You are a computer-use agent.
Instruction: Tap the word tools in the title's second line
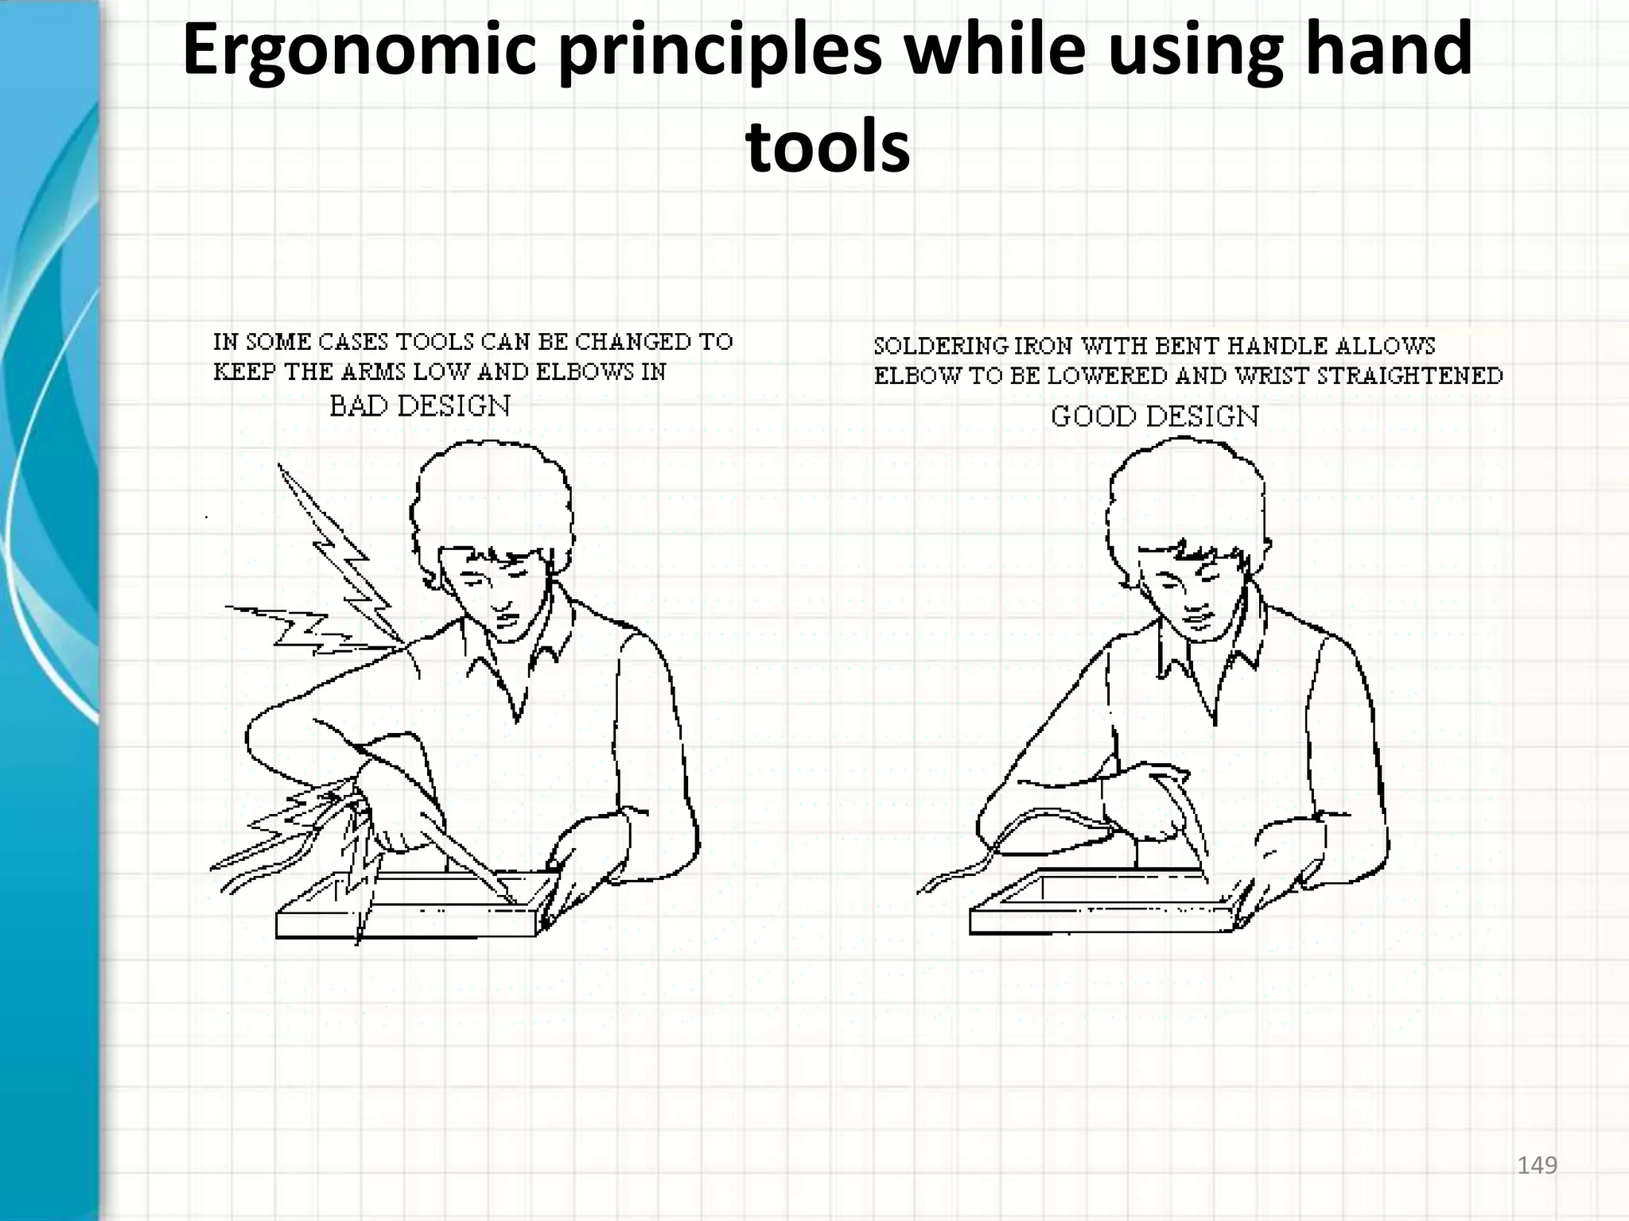tap(828, 147)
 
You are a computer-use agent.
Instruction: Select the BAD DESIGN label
tap(419, 406)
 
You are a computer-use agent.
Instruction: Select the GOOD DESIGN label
tap(1154, 417)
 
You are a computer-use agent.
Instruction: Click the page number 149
tap(1537, 1165)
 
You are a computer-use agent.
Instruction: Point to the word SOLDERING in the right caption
tap(941, 347)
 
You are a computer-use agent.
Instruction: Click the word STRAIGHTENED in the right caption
tap(1409, 376)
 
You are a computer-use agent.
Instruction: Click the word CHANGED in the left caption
tap(633, 342)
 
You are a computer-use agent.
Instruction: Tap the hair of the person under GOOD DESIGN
tap(1185, 493)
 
